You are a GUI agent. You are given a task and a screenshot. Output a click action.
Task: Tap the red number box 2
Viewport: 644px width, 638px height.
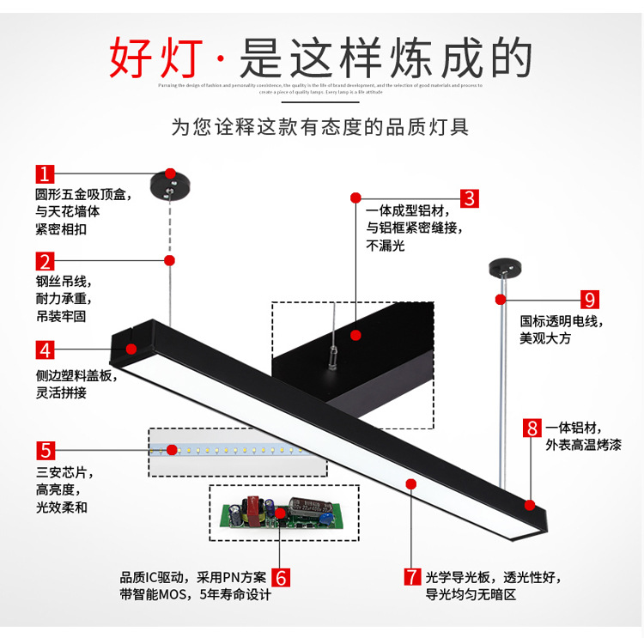[46, 260]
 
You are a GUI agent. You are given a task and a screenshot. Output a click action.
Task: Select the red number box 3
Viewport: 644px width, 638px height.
[469, 197]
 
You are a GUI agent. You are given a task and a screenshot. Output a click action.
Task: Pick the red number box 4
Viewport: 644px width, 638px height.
[46, 349]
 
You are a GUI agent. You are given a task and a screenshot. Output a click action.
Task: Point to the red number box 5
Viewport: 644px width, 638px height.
[46, 449]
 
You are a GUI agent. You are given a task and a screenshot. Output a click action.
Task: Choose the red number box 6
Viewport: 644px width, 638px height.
[281, 575]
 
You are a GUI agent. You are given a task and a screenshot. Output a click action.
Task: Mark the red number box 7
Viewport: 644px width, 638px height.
[412, 575]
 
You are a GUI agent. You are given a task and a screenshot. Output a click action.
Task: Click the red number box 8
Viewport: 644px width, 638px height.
[532, 427]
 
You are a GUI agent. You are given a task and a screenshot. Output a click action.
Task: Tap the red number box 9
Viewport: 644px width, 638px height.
[590, 300]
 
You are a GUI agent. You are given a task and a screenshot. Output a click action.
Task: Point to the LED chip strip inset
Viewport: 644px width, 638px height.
[237, 451]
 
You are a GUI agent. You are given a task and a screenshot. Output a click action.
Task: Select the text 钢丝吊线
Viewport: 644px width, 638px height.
[63, 282]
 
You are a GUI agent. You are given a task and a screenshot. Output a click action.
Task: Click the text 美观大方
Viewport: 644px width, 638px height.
[546, 338]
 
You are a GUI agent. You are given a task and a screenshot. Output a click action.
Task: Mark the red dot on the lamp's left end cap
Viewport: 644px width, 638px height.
[132, 349]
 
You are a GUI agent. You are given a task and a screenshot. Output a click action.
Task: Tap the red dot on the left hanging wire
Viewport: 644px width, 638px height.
[170, 259]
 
